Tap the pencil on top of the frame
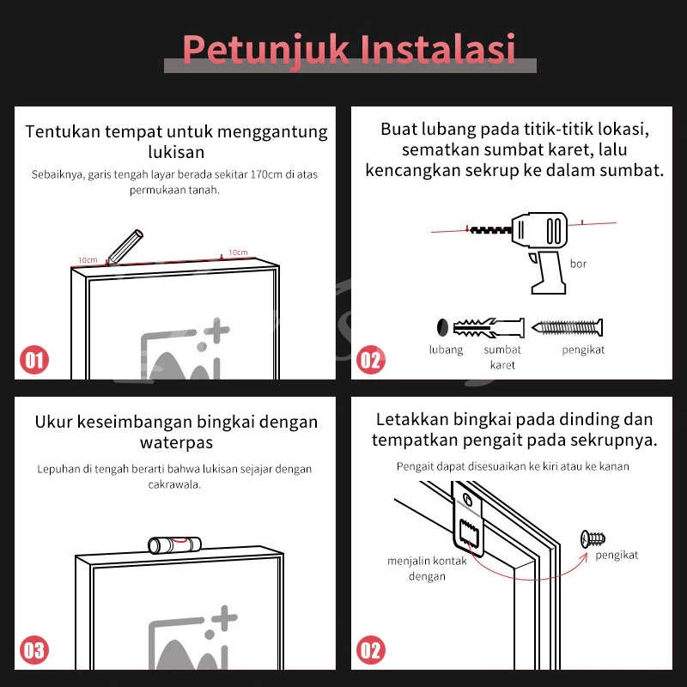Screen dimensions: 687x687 [x=125, y=247]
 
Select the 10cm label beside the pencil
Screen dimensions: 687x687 [x=88, y=260]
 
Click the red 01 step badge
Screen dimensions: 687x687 [x=34, y=360]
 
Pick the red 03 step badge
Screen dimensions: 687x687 [x=34, y=650]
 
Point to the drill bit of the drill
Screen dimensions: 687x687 [x=490, y=229]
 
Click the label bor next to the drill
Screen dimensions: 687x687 [x=578, y=264]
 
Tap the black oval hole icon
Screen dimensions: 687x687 [x=442, y=327]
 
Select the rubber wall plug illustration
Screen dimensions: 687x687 [x=489, y=328]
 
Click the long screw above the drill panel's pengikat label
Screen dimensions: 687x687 [x=568, y=327]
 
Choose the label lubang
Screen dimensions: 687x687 [x=446, y=350]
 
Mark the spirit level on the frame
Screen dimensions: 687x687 [x=174, y=545]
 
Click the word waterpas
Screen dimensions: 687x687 [x=177, y=442]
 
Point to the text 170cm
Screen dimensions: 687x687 [x=266, y=174]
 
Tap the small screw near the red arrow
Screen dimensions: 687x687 [x=593, y=538]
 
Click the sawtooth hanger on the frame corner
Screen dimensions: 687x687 [x=468, y=520]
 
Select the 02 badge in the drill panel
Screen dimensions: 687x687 [x=371, y=360]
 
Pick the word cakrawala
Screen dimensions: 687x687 [x=174, y=484]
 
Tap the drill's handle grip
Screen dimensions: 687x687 [x=548, y=271]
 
